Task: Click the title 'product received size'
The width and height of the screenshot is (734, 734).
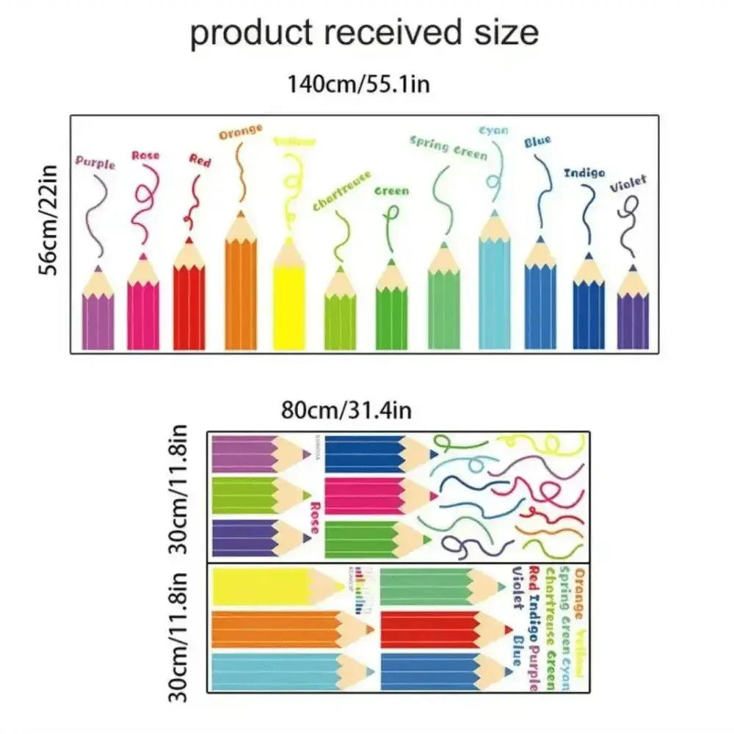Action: (x=364, y=32)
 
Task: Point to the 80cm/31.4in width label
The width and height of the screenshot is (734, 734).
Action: (x=347, y=408)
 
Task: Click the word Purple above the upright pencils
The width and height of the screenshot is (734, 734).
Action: (x=95, y=162)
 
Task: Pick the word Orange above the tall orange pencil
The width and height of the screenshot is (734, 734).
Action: (x=240, y=132)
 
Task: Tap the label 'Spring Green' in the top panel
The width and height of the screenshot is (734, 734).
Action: (x=448, y=148)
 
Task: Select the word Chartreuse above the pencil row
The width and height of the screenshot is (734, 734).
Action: (x=341, y=191)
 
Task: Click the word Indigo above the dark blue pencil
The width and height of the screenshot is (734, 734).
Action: (x=584, y=172)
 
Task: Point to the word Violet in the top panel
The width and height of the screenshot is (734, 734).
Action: (x=629, y=184)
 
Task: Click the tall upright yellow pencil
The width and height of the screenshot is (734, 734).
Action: (x=289, y=301)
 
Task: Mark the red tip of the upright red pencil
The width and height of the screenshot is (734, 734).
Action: (x=189, y=239)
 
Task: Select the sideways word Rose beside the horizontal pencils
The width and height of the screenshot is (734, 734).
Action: (x=315, y=518)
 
